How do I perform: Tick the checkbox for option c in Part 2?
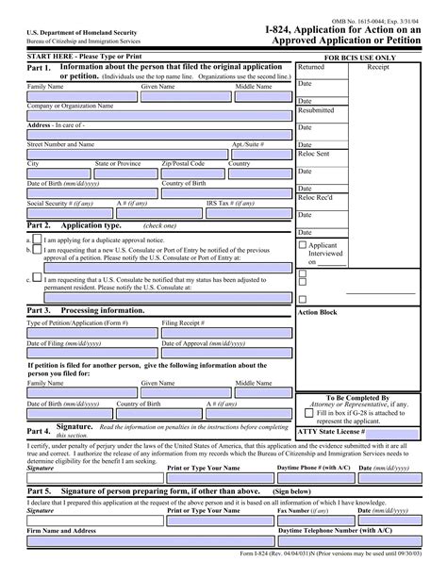pyautogui.click(x=36, y=278)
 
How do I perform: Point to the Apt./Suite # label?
pyautogui.click(x=248, y=144)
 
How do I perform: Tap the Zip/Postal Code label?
pyautogui.click(x=183, y=163)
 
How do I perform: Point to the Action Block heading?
pyautogui.click(x=317, y=311)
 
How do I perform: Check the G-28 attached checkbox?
pyautogui.click(x=309, y=412)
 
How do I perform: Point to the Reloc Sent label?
pyautogui.click(x=314, y=152)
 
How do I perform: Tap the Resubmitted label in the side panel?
pyautogui.click(x=317, y=110)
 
